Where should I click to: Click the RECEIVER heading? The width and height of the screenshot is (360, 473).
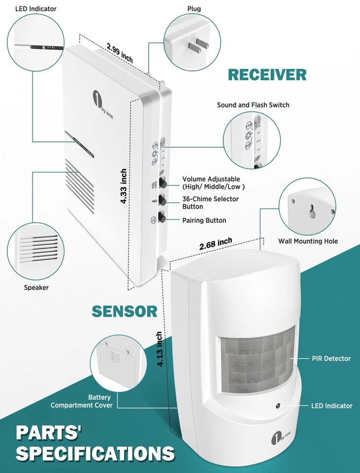click(267, 75)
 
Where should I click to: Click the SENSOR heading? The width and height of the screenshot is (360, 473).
click(124, 311)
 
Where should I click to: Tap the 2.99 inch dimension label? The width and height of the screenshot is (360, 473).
click(120, 53)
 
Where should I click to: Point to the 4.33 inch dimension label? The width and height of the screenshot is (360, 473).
click(124, 187)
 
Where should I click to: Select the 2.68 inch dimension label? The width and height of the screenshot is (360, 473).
click(216, 244)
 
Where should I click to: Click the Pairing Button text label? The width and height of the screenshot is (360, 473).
click(204, 220)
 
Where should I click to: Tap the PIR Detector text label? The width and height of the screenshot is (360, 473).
click(331, 358)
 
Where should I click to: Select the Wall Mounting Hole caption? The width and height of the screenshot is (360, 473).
click(308, 241)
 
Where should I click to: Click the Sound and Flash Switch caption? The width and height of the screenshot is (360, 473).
click(253, 105)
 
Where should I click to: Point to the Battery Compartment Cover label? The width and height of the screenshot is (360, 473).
click(82, 401)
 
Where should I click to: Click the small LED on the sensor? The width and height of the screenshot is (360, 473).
click(278, 405)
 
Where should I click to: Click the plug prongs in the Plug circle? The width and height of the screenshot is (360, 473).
click(196, 47)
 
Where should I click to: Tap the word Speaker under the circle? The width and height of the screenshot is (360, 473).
click(36, 287)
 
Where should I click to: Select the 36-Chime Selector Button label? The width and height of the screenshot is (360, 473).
click(210, 203)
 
